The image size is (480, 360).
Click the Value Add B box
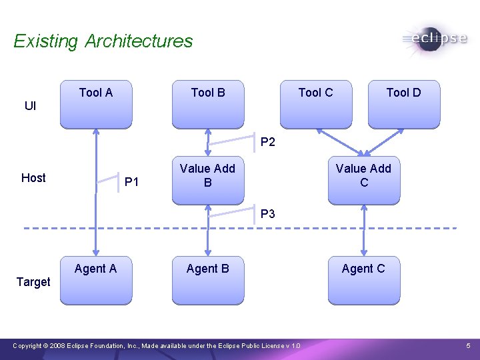tap(208, 180)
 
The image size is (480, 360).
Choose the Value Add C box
tap(364, 180)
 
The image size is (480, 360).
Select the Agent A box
tap(96, 280)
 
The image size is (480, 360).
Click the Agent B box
tap(208, 280)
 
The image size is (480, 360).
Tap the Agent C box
tap(364, 280)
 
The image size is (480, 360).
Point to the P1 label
tap(132, 182)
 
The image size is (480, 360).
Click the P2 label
tap(268, 142)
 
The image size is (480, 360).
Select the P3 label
tap(268, 214)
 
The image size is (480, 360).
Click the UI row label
tap(31, 106)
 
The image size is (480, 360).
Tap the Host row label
tap(33, 177)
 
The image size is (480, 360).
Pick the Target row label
tap(33, 282)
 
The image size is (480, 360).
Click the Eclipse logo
tap(434, 38)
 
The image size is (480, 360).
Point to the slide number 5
tap(468, 346)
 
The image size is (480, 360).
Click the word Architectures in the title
tap(139, 41)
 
